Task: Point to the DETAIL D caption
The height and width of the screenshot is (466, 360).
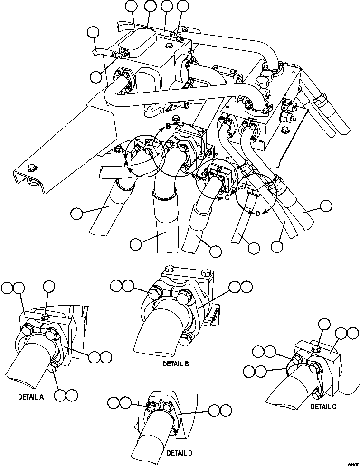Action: click(x=180, y=453)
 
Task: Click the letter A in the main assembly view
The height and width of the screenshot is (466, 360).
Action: click(x=126, y=163)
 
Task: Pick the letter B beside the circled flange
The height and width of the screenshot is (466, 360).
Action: click(x=167, y=126)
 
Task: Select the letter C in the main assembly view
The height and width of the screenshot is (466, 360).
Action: click(x=227, y=197)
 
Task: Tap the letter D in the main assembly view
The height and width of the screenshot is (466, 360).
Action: click(x=257, y=213)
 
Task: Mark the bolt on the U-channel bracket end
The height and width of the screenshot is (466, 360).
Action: click(x=30, y=167)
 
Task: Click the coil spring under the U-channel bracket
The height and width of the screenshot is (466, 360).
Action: click(x=33, y=181)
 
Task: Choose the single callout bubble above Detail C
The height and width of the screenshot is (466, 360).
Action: click(x=324, y=325)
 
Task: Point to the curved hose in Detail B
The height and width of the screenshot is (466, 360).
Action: click(x=157, y=332)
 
